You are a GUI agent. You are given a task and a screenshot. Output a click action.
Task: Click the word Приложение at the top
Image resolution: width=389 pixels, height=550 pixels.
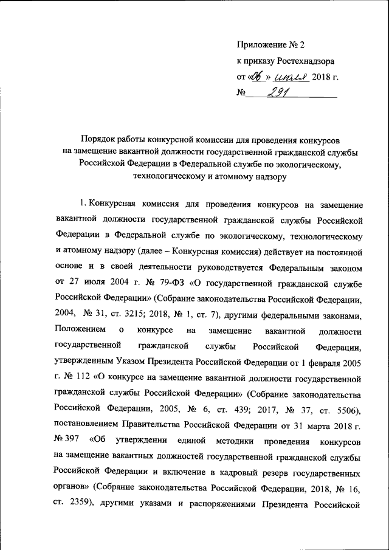click(261, 45)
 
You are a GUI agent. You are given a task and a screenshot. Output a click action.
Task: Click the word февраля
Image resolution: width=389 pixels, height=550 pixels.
click(315, 362)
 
